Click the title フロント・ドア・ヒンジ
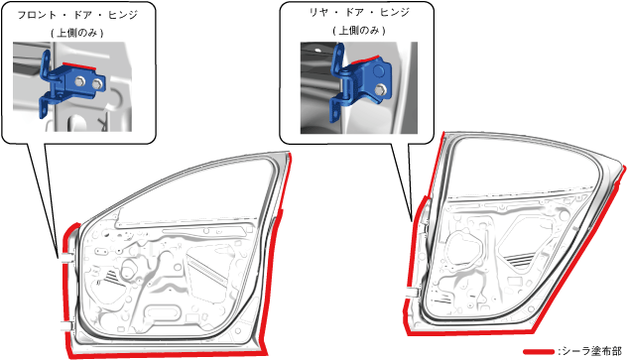77,15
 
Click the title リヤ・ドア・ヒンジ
359,13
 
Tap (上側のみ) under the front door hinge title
77,33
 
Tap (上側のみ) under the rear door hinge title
359,31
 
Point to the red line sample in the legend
539,352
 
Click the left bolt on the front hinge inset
79,81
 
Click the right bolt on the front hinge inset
97,83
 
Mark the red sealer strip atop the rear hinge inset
366,60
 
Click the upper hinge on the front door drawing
65,257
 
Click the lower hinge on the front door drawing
66,325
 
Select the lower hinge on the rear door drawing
412,293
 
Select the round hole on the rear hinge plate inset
378,71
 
